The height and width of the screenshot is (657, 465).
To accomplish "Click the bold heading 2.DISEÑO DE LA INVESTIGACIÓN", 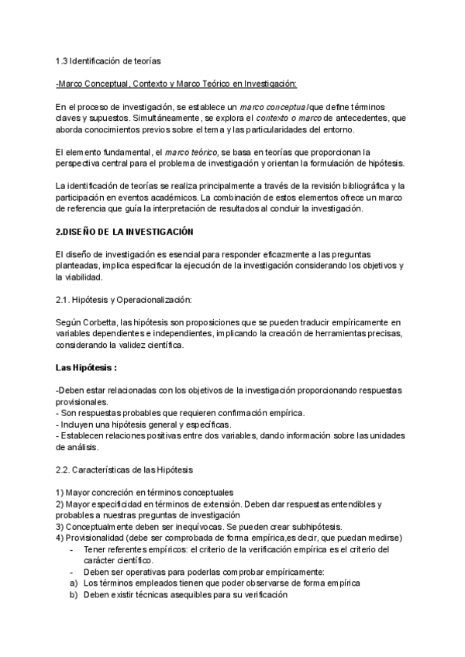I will click(125, 232).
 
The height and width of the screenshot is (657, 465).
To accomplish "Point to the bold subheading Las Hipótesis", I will click(85, 366).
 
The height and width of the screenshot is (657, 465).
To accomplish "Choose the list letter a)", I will click(74, 583).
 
